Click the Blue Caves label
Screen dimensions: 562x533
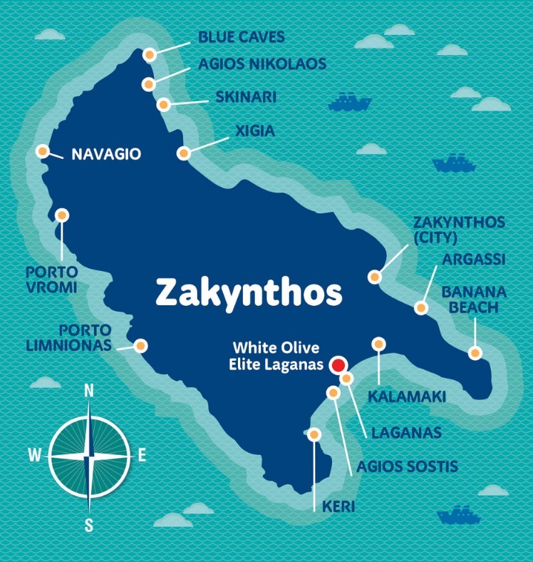point(241,37)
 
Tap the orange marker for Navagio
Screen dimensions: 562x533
point(43,151)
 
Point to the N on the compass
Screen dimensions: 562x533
point(89,390)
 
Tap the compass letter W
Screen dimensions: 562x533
point(34,455)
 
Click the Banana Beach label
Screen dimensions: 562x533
point(474,300)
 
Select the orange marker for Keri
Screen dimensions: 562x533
point(314,434)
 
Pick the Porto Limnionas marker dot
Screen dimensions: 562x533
point(140,346)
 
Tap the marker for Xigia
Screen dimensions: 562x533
point(184,153)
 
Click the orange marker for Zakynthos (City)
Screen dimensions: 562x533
point(374,277)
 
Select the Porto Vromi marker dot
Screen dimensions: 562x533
point(62,215)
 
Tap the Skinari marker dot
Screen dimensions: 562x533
point(163,105)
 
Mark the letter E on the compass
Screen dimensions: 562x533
point(141,455)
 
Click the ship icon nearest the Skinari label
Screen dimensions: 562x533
point(350,102)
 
